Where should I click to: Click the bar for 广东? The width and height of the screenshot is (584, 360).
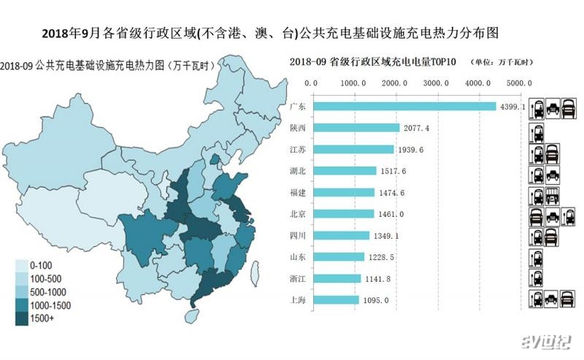(x=404, y=106)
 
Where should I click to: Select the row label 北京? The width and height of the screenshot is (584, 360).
(x=297, y=214)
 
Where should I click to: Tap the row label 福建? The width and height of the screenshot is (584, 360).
(x=297, y=193)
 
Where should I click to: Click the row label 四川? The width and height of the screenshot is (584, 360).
(x=297, y=236)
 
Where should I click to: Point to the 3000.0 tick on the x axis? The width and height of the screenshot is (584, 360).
(x=437, y=83)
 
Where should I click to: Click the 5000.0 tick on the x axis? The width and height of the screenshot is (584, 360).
(x=520, y=83)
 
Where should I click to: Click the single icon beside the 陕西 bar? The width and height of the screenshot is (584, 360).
(x=535, y=133)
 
